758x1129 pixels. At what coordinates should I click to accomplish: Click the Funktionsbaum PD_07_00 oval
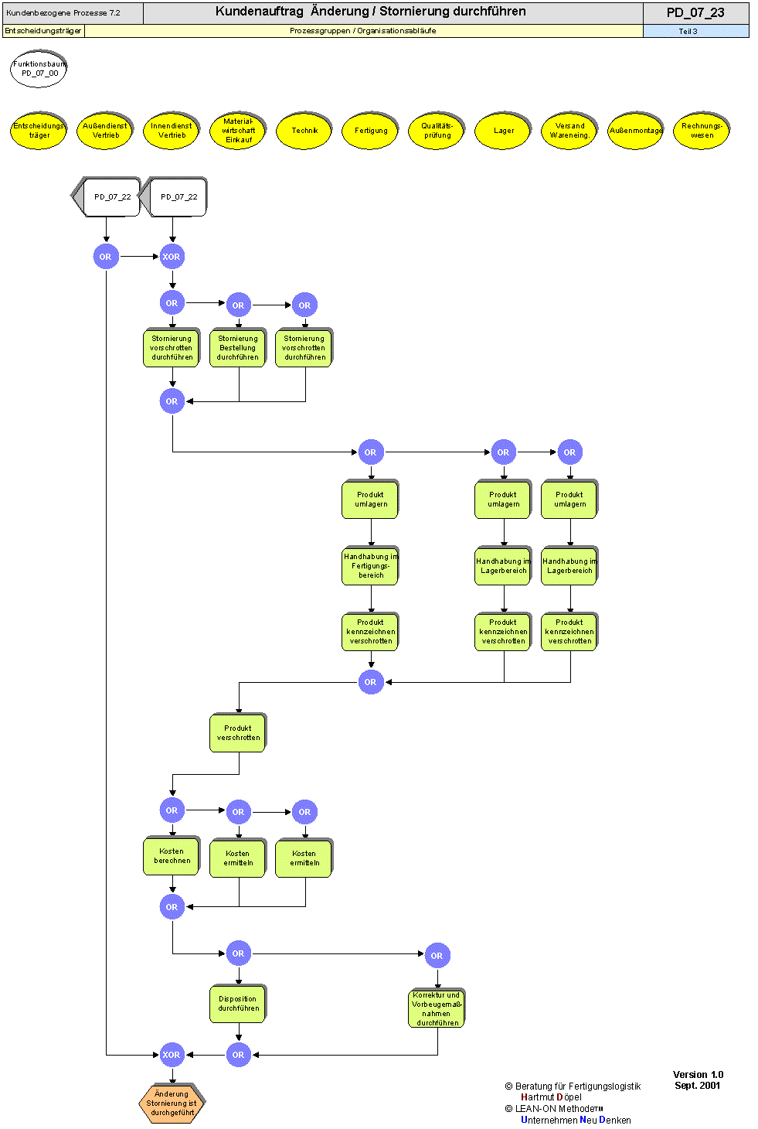[x=39, y=69]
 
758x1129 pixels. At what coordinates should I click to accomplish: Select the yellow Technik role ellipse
[x=304, y=131]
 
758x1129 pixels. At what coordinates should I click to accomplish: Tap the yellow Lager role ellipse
[x=504, y=131]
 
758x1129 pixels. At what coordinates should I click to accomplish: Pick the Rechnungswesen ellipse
[x=702, y=131]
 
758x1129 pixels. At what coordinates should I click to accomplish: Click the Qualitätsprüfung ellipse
[x=437, y=131]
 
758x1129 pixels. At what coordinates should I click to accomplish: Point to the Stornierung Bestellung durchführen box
[x=238, y=348]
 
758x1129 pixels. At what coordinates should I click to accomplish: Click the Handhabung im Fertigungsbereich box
[x=371, y=566]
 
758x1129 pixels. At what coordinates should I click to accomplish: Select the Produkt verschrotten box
[x=238, y=733]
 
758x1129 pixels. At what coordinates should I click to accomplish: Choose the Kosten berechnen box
[x=172, y=856]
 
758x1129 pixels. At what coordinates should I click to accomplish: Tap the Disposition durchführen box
[x=238, y=1004]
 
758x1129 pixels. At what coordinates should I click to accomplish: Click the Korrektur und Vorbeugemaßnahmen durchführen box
[x=437, y=1009]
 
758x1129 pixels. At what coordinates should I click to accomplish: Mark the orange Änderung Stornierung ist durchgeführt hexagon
[x=172, y=1103]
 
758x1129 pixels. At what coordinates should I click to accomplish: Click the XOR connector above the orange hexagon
[x=172, y=1055]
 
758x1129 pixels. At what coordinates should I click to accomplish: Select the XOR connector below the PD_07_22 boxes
[x=172, y=257]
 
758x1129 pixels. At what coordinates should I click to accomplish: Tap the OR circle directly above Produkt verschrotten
[x=371, y=682]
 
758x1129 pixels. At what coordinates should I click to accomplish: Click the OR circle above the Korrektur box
[x=437, y=956]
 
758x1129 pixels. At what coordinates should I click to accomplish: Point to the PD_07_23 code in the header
[x=695, y=12]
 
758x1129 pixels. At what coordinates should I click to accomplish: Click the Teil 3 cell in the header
[x=688, y=32]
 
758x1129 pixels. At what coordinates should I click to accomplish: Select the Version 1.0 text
[x=698, y=1075]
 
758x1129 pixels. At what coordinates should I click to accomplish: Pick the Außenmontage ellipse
[x=636, y=131]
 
